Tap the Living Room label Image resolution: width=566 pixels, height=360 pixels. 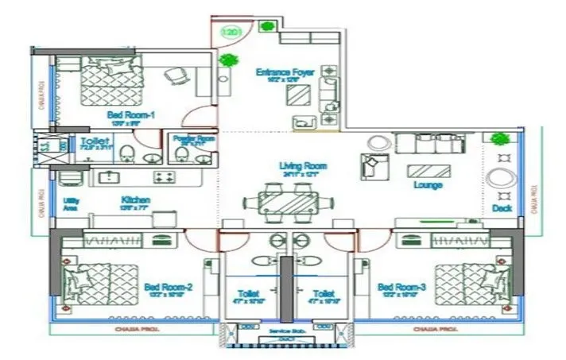tap(303, 166)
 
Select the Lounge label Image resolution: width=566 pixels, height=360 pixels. tap(428, 185)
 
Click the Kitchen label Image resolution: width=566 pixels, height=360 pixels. tap(136, 199)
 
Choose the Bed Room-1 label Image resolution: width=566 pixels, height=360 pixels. tap(130, 115)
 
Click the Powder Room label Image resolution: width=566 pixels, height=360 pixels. tap(194, 138)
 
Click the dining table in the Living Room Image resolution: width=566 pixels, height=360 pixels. tap(285, 203)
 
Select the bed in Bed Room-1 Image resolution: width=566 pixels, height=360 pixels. tap(110, 78)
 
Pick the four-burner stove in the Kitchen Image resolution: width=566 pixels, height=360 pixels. tap(165, 176)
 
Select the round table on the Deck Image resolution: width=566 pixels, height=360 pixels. tap(503, 176)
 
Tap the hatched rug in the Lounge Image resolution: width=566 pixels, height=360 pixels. tap(428, 169)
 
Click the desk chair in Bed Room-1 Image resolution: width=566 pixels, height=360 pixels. tap(176, 77)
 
